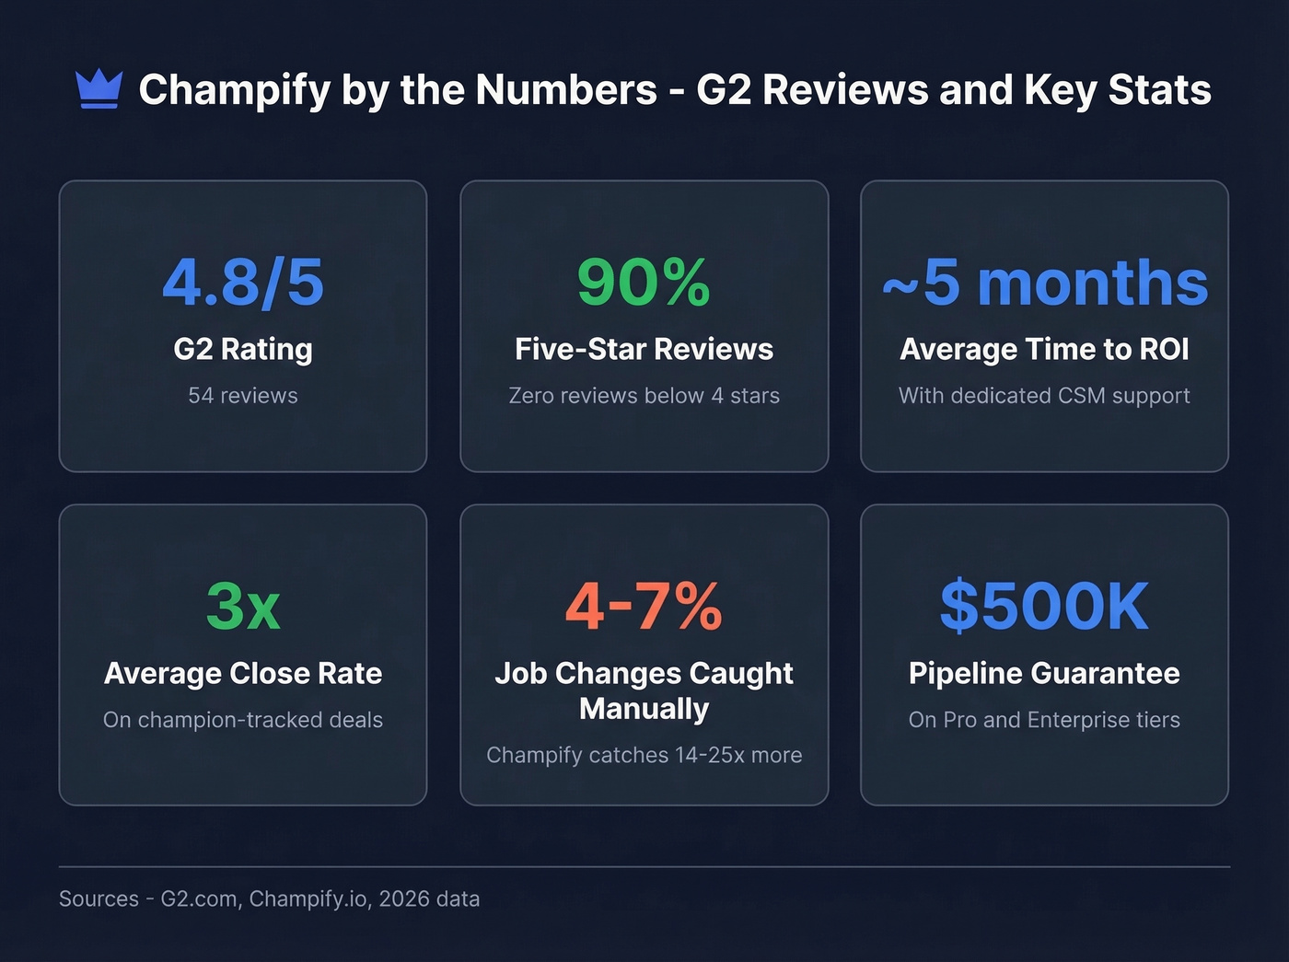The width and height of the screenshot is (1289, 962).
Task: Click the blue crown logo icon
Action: pos(99,89)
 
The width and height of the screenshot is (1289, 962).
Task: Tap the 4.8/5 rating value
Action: pos(243,282)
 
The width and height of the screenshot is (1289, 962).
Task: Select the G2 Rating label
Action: pos(243,349)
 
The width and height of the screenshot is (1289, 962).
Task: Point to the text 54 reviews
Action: pos(243,396)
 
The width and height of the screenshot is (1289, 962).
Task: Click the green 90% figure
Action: pos(644,282)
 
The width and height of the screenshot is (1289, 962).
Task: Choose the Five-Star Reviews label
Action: pos(644,349)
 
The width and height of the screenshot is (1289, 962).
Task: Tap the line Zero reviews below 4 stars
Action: pos(644,396)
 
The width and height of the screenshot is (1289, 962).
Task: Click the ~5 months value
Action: pos(1044,282)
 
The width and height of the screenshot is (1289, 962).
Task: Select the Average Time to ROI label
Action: pos(1044,349)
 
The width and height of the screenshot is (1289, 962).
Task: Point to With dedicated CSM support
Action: pos(1044,396)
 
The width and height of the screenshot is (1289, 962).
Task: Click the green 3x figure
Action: pos(243,606)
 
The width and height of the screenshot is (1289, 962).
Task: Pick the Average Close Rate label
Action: pos(243,673)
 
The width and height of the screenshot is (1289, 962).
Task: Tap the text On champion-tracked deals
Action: pos(243,720)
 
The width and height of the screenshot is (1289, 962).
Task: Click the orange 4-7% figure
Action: pos(644,606)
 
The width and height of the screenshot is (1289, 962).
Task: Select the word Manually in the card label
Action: pos(644,709)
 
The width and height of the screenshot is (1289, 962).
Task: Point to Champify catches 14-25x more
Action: pos(644,755)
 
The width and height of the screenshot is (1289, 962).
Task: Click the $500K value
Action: pos(1044,606)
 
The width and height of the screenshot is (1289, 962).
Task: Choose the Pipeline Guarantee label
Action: pos(1044,673)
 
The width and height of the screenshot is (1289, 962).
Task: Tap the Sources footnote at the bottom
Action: pos(269,898)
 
